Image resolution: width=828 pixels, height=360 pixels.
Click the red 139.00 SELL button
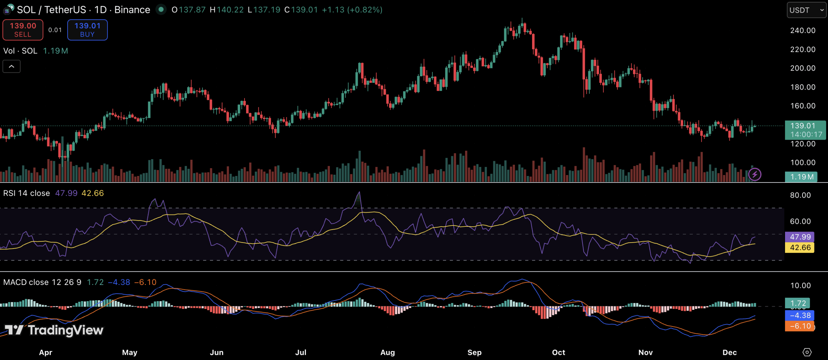pyautogui.click(x=23, y=30)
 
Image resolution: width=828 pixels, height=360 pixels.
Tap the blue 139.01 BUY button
pyautogui.click(x=87, y=30)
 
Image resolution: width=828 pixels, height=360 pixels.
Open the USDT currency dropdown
pyautogui.click(x=806, y=10)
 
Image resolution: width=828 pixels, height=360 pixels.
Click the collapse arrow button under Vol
pyautogui.click(x=12, y=67)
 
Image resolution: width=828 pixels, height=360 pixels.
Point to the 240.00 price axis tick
pyautogui.click(x=803, y=30)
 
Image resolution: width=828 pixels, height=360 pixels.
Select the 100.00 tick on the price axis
pyautogui.click(x=803, y=162)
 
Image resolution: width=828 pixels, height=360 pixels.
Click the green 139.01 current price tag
pyautogui.click(x=805, y=130)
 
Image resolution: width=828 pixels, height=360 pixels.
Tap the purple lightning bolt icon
pyautogui.click(x=755, y=175)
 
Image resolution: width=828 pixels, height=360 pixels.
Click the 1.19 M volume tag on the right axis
pyautogui.click(x=801, y=177)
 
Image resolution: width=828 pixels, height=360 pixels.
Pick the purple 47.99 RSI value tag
pyautogui.click(x=800, y=237)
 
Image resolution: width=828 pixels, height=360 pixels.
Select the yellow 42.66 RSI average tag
pyautogui.click(x=800, y=248)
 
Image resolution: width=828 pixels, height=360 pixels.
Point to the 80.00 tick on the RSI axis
pyautogui.click(x=800, y=195)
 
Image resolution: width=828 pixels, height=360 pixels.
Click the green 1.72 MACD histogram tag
pyautogui.click(x=798, y=303)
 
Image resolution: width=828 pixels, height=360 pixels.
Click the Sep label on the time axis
pyautogui.click(x=474, y=352)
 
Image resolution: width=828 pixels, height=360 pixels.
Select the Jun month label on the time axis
pyautogui.click(x=216, y=352)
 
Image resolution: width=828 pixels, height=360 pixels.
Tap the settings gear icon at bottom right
pyautogui.click(x=807, y=352)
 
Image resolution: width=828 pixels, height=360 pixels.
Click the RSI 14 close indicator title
pyautogui.click(x=27, y=193)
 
